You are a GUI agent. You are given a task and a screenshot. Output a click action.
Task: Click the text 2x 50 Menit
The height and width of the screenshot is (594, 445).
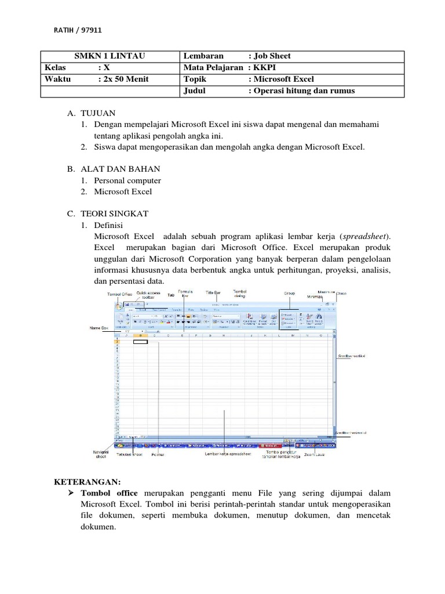point(123,79)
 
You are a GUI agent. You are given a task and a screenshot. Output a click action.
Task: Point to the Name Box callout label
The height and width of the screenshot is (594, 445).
point(99,328)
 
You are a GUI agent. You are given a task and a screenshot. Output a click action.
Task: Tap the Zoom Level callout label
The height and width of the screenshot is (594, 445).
point(315,455)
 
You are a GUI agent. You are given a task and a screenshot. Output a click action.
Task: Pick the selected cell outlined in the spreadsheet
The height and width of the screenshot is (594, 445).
point(140,342)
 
